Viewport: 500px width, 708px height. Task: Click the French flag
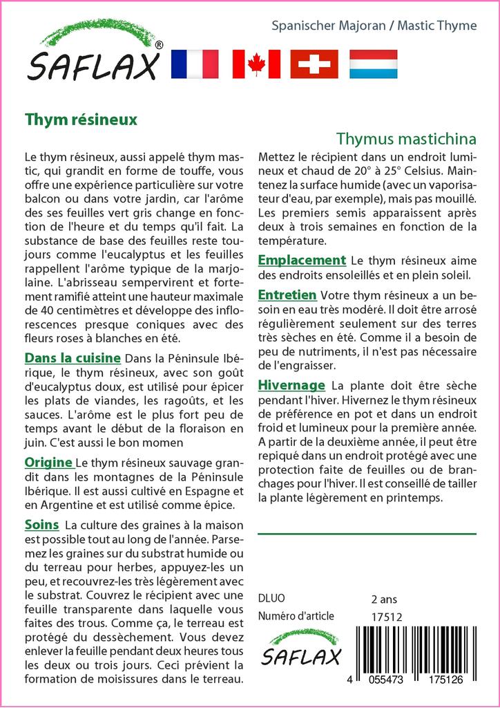(x=194, y=64)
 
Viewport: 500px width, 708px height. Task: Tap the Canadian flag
(x=256, y=64)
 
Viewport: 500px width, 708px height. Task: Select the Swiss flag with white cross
(x=314, y=64)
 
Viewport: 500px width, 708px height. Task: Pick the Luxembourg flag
(x=373, y=64)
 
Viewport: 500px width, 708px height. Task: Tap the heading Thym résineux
(x=81, y=118)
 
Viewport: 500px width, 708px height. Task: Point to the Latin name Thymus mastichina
(x=407, y=138)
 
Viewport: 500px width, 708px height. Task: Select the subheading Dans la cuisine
(x=73, y=358)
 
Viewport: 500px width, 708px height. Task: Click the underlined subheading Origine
(x=48, y=462)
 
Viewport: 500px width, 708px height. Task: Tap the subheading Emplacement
(x=301, y=260)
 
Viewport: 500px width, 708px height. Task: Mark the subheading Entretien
(x=287, y=295)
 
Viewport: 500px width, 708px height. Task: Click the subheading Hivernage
(x=291, y=384)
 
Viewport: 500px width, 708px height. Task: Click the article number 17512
(x=386, y=616)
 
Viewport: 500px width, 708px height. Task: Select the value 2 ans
(x=384, y=598)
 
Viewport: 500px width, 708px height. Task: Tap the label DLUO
(x=271, y=598)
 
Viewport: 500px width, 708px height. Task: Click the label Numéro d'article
(x=296, y=616)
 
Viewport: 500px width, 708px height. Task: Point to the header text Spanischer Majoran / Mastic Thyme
(x=374, y=26)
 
